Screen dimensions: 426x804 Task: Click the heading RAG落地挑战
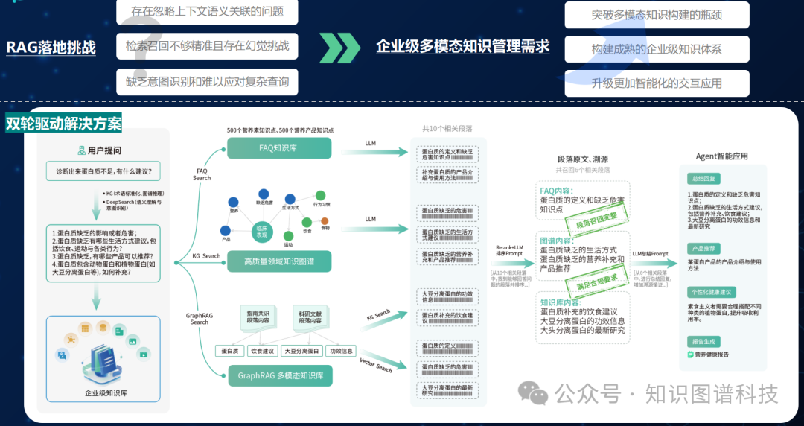(51, 48)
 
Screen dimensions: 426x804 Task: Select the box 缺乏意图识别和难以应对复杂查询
(207, 82)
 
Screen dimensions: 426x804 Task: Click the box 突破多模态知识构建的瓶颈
(657, 15)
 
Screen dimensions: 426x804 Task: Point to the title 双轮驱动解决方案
(63, 123)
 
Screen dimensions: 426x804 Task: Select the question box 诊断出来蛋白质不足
(103, 172)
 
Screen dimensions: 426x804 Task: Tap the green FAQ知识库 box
(279, 147)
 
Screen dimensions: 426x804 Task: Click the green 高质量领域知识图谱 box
(279, 261)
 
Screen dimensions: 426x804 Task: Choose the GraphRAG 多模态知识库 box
(280, 375)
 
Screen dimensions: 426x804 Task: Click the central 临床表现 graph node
(261, 230)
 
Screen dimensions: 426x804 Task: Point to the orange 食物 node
(325, 220)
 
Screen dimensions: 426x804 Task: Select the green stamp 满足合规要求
(597, 282)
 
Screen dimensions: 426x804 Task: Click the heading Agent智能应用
(721, 156)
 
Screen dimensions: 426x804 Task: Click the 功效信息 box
(342, 351)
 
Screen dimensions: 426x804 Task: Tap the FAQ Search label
(202, 174)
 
